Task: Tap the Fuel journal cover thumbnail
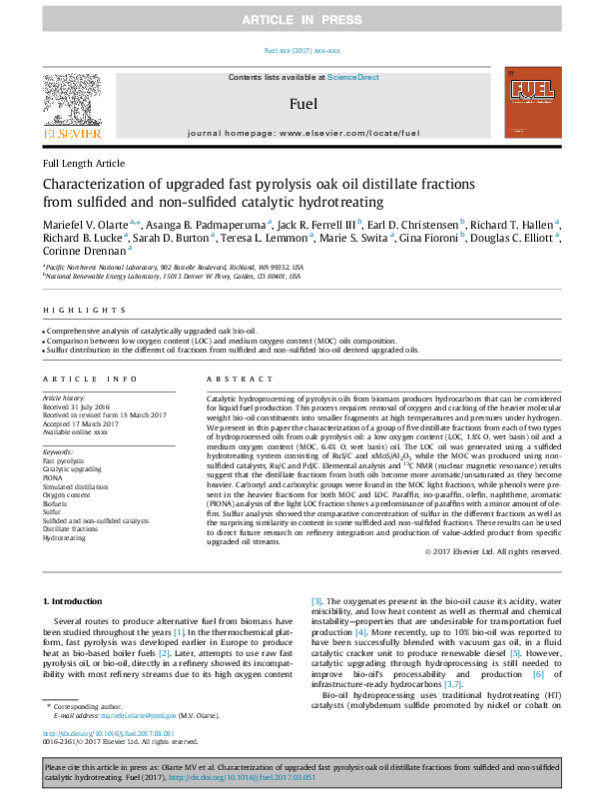(527, 102)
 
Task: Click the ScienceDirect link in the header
(354, 77)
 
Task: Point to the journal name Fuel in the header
(297, 103)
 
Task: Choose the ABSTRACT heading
(232, 380)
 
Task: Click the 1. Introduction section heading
(76, 600)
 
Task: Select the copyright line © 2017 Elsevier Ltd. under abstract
(493, 552)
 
